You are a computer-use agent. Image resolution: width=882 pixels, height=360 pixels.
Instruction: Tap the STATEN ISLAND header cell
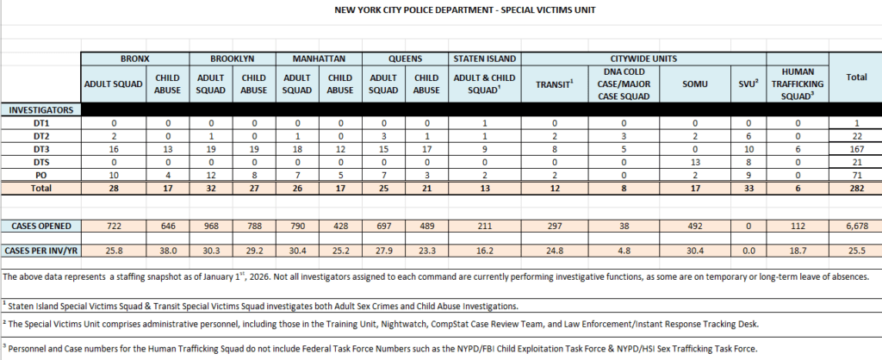[x=484, y=59]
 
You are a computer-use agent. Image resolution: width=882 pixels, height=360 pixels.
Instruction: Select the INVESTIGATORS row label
[x=40, y=110]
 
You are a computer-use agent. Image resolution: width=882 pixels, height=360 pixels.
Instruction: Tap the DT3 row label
[x=40, y=150]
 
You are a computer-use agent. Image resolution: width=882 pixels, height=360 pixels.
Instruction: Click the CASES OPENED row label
[x=40, y=225]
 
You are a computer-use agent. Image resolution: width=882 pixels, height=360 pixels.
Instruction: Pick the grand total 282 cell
[x=855, y=189]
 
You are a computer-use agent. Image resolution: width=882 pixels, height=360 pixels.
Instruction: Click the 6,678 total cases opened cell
[x=855, y=225]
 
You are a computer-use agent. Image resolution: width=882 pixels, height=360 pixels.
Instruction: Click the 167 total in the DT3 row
[x=855, y=150]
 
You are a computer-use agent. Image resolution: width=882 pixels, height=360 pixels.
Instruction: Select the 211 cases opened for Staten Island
[x=484, y=225]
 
